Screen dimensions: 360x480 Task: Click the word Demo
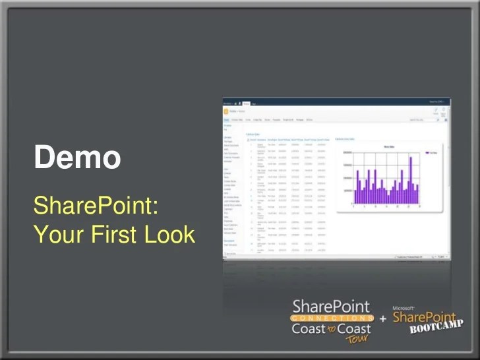click(x=77, y=158)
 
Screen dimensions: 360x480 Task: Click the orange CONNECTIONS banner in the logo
click(x=332, y=318)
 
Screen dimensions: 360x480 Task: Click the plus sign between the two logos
click(x=383, y=319)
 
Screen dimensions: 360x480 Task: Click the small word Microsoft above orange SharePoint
click(x=403, y=308)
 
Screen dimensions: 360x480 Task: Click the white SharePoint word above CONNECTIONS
click(x=331, y=307)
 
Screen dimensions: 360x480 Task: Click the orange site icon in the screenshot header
click(x=226, y=111)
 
